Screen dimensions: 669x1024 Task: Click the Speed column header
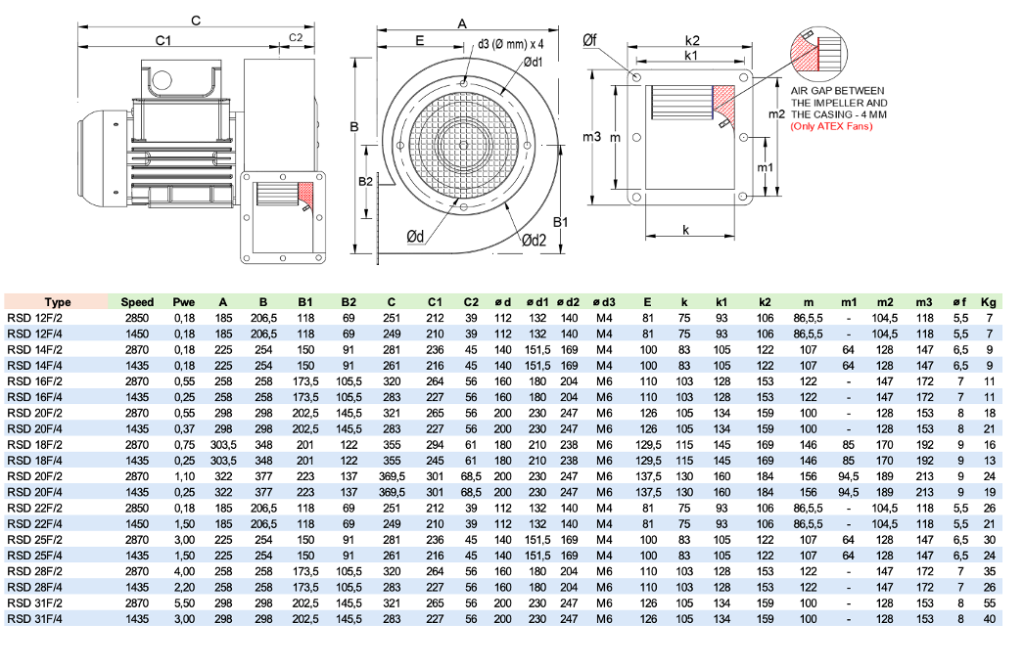click(137, 302)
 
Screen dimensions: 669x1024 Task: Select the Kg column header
click(990, 302)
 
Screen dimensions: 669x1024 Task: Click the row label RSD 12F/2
click(33, 318)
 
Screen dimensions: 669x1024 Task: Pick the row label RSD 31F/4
click(33, 619)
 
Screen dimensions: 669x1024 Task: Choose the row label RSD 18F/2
click(33, 445)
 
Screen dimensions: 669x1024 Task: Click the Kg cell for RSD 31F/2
click(990, 603)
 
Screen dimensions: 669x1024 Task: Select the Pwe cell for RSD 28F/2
click(184, 572)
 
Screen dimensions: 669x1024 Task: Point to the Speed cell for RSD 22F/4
click(137, 524)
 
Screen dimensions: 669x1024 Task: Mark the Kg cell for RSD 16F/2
click(990, 381)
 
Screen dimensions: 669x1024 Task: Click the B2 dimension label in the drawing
click(364, 183)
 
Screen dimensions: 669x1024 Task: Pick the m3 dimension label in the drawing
click(591, 137)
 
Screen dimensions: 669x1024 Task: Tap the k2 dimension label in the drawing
click(692, 41)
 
